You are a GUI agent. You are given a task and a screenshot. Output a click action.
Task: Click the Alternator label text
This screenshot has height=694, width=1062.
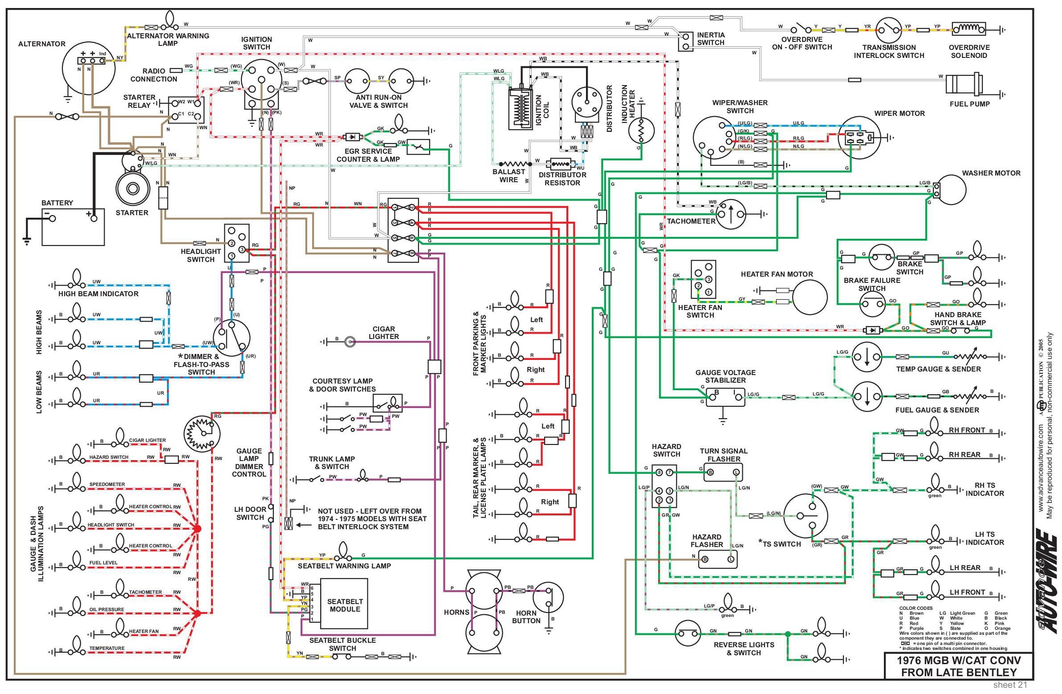click(41, 44)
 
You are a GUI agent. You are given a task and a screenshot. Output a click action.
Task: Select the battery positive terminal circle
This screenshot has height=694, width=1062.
click(94, 218)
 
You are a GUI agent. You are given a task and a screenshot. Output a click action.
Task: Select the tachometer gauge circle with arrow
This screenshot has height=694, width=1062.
click(730, 214)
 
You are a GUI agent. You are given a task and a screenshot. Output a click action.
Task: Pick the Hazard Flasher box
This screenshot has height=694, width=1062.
click(717, 559)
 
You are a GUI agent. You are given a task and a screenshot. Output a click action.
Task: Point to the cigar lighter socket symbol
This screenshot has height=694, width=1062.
click(350, 342)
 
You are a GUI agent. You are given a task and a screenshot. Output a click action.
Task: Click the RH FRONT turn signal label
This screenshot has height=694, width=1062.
click(967, 430)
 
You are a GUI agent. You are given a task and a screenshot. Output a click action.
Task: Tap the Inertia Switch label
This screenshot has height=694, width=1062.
click(711, 38)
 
